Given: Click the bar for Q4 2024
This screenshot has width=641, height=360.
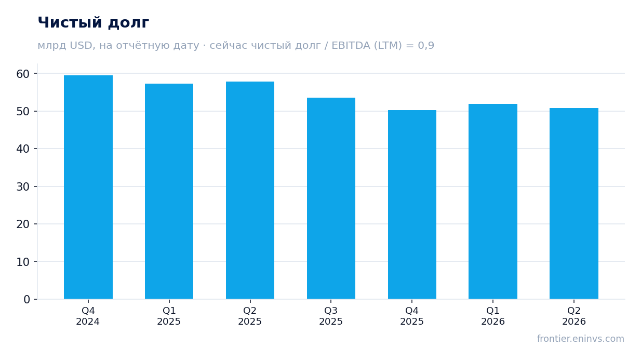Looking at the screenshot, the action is pyautogui.click(x=88, y=187).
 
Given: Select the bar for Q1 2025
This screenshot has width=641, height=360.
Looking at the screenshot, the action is pyautogui.click(x=169, y=192).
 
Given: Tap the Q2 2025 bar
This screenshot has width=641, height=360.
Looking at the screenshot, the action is pyautogui.click(x=250, y=190).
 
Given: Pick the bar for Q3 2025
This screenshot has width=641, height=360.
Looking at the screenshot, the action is pyautogui.click(x=331, y=198).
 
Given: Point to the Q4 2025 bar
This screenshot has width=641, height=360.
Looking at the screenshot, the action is pyautogui.click(x=412, y=205).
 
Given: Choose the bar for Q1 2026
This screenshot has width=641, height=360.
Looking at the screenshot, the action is pyautogui.click(x=493, y=202).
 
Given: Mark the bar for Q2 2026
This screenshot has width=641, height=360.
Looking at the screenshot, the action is pyautogui.click(x=574, y=204).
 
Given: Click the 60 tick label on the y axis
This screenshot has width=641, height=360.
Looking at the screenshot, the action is pyautogui.click(x=23, y=74).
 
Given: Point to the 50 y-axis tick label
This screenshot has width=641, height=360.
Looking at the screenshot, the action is pyautogui.click(x=23, y=111).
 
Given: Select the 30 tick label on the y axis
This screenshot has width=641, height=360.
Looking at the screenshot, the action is pyautogui.click(x=23, y=186).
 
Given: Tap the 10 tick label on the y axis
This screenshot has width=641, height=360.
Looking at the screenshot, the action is pyautogui.click(x=23, y=262).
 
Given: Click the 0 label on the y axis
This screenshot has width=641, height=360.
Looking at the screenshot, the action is pyautogui.click(x=26, y=300).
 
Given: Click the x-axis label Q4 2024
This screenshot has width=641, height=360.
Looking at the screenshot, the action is pyautogui.click(x=88, y=316).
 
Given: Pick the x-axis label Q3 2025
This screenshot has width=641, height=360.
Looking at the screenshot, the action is pyautogui.click(x=331, y=316).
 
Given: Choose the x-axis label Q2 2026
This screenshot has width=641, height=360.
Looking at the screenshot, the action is pyautogui.click(x=574, y=316).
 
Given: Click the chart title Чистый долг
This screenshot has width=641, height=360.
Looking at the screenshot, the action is pyautogui.click(x=94, y=22).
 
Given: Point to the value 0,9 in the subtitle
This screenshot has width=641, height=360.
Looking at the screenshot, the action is pyautogui.click(x=426, y=46).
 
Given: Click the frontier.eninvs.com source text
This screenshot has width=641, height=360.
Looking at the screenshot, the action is pyautogui.click(x=581, y=339).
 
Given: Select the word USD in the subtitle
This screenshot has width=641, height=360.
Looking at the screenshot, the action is pyautogui.click(x=81, y=46).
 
